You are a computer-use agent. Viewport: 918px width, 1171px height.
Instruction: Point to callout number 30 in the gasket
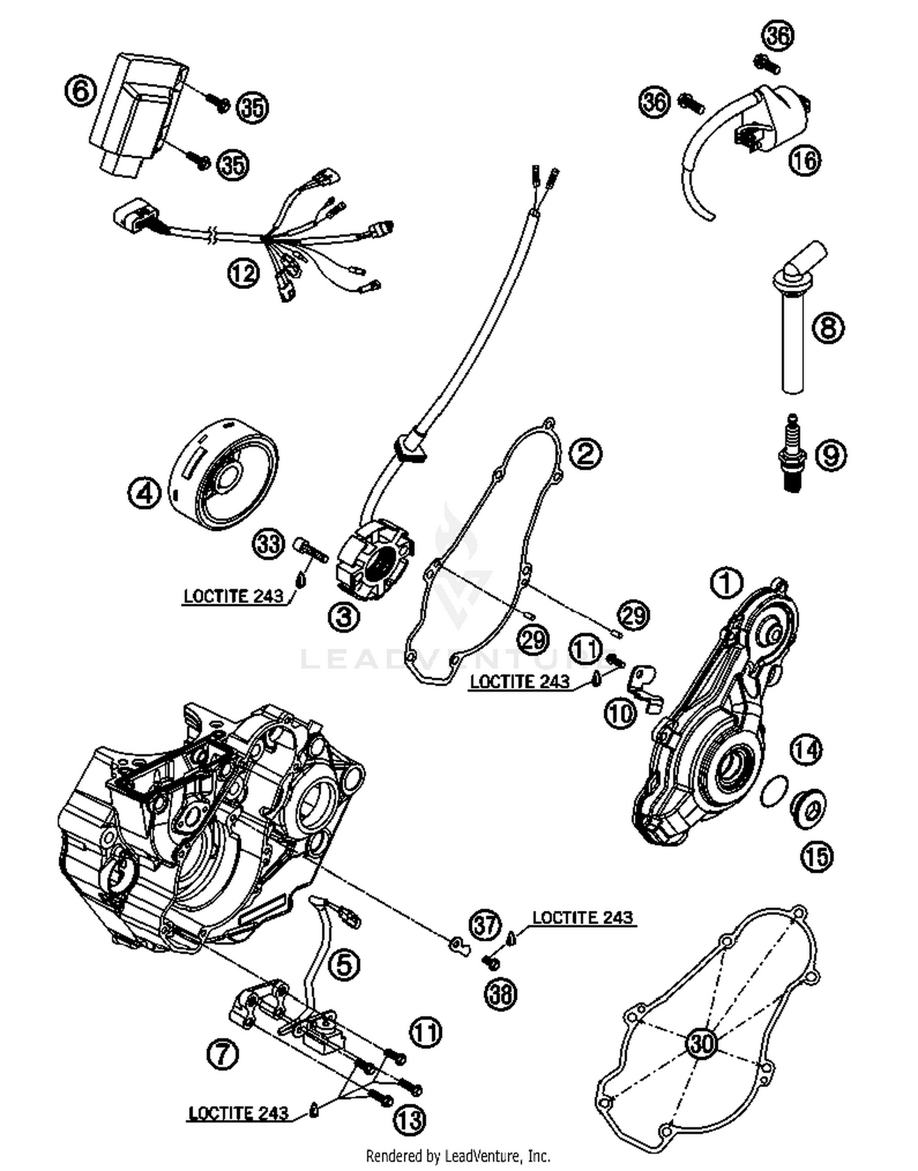pos(701,1042)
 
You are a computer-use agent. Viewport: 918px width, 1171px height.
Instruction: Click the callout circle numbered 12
pos(244,272)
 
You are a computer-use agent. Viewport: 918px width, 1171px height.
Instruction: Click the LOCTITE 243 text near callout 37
pos(582,917)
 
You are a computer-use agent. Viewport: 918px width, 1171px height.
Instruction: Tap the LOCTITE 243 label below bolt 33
pos(233,596)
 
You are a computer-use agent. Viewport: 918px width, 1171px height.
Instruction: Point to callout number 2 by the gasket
pos(586,454)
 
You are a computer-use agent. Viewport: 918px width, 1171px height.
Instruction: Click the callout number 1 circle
pos(726,583)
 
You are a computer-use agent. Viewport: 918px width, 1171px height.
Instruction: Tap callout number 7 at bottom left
pos(223,1054)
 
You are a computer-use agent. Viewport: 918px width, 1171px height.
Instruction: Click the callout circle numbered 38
pos(501,994)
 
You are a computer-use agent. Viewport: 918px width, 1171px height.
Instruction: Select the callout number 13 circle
pos(409,1120)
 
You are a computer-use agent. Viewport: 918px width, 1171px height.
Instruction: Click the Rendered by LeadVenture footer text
pos(458,1156)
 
